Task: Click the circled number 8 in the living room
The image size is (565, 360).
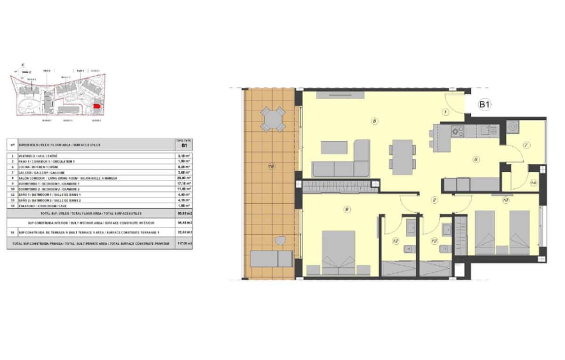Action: [x=374, y=121]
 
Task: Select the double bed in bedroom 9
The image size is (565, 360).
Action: [x=338, y=252]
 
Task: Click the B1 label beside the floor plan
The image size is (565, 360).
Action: [x=485, y=105]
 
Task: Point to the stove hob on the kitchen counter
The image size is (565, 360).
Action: [x=458, y=130]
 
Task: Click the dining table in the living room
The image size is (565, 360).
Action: [x=402, y=157]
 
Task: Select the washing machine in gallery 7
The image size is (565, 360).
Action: [x=512, y=127]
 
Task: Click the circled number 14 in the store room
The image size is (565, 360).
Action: [x=533, y=183]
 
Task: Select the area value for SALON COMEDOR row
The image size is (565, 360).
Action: [x=183, y=178]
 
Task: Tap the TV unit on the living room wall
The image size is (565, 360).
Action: [x=339, y=95]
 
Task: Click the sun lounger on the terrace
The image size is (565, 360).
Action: [x=272, y=258]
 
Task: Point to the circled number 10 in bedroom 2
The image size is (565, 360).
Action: [x=505, y=200]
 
